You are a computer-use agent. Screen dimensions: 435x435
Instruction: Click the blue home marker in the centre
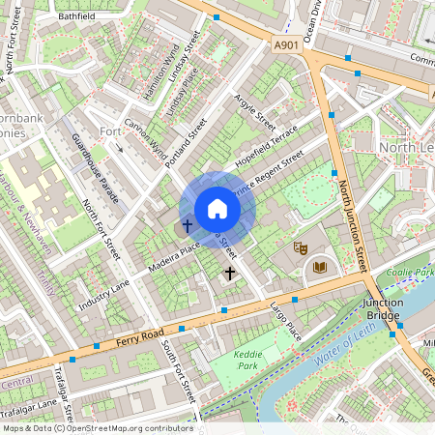click(217, 209)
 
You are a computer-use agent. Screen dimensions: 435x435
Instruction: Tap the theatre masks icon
click(301, 247)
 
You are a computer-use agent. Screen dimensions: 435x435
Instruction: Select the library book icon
click(320, 267)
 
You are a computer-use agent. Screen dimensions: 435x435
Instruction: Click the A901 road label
click(286, 44)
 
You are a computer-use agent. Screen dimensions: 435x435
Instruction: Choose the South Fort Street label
click(179, 371)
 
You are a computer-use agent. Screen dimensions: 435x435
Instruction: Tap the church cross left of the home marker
click(187, 226)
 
